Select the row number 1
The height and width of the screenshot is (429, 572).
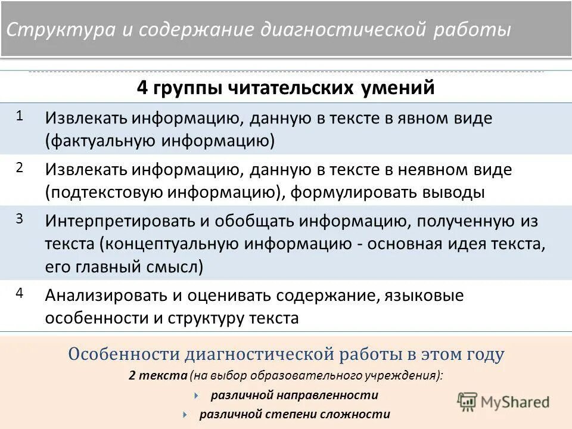click(x=20, y=116)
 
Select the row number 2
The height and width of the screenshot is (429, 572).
click(x=20, y=167)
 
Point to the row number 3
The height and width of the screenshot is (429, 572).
click(x=20, y=219)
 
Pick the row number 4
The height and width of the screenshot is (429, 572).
click(x=20, y=294)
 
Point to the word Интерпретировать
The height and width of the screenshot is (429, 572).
click(x=119, y=222)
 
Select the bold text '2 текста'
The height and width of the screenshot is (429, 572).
click(x=157, y=375)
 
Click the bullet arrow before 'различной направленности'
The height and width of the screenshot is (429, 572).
click(x=196, y=395)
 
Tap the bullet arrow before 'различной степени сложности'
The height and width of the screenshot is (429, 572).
click(x=185, y=414)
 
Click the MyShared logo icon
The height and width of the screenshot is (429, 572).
click(x=468, y=401)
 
